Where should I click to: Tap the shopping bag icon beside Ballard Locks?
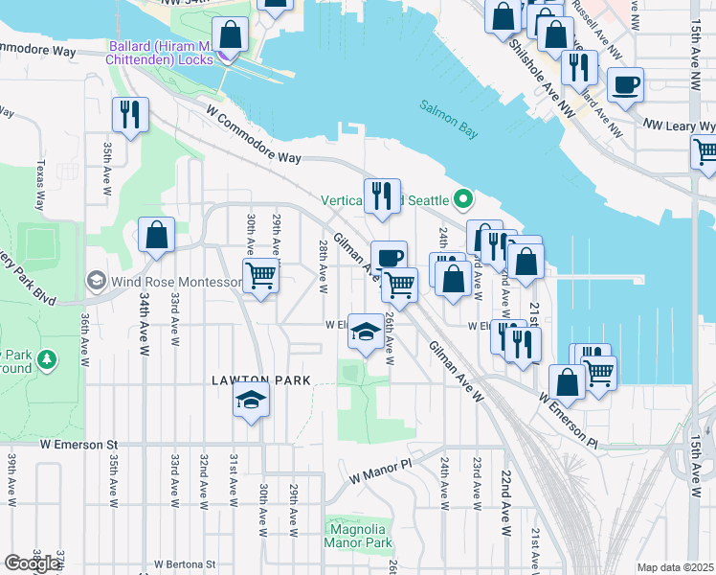click(231, 36)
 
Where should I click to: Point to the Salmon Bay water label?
click(448, 120)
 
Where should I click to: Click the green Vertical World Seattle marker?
click(464, 200)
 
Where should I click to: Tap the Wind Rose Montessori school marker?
click(96, 281)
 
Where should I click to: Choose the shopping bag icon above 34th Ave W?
click(156, 235)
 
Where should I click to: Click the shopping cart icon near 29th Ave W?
click(260, 277)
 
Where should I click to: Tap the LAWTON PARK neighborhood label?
click(261, 380)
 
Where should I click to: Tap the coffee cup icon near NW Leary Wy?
click(626, 84)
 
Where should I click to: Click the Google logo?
click(31, 563)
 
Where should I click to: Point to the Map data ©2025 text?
click(675, 567)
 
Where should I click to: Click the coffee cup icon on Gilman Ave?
click(389, 258)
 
